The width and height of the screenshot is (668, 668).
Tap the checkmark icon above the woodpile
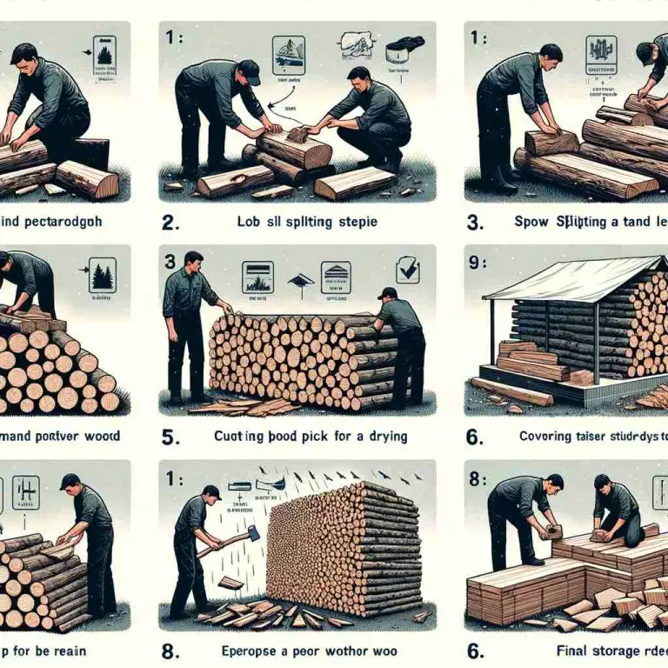pos(407,271)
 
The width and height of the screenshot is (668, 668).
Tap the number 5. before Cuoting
pos(172,434)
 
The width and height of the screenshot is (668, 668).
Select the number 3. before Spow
pos(475,222)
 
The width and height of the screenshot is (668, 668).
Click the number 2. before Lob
pos(171,222)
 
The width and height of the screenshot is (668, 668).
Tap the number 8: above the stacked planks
pos(476,477)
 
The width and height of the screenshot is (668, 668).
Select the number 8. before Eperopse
pos(171,649)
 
